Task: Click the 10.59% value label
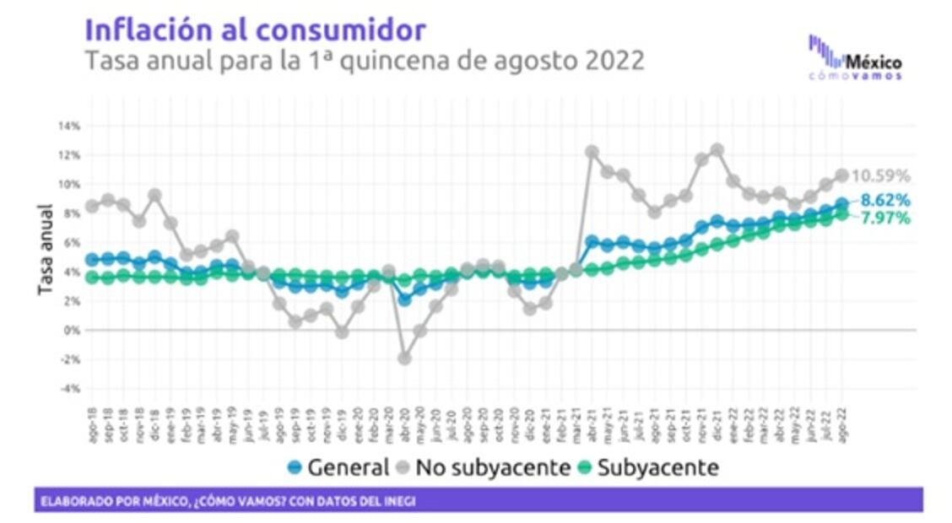pyautogui.click(x=881, y=176)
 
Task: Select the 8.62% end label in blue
pyautogui.click(x=885, y=201)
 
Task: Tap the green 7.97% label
pyautogui.click(x=885, y=218)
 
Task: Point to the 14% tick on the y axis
pyautogui.click(x=69, y=127)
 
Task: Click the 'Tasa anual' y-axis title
pyautogui.click(x=45, y=250)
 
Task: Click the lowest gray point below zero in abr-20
pyautogui.click(x=404, y=358)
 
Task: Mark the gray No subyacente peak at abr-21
pyautogui.click(x=592, y=152)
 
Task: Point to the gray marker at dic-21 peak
pyautogui.click(x=717, y=150)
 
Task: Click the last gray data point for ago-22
pyautogui.click(x=841, y=175)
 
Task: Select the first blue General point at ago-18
pyautogui.click(x=92, y=260)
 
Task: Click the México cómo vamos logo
pyautogui.click(x=855, y=57)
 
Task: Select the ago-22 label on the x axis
pyautogui.click(x=841, y=416)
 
